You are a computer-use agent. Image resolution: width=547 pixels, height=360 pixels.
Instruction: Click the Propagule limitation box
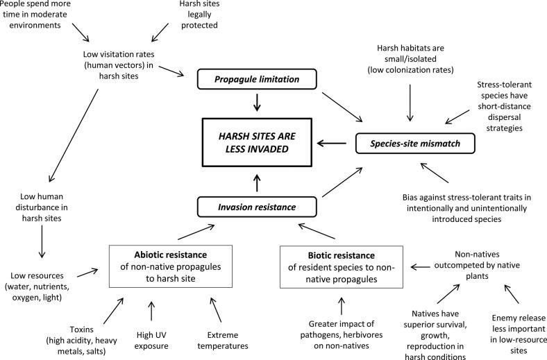(257, 79)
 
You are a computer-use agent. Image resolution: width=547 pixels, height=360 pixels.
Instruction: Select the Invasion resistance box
(257, 207)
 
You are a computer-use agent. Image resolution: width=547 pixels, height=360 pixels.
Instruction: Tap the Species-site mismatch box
(415, 143)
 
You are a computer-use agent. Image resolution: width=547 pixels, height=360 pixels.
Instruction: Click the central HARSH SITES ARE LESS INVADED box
(257, 142)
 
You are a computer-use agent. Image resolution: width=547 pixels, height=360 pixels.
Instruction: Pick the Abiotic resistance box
(171, 266)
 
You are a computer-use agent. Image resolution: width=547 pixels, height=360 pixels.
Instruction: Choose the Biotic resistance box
(342, 267)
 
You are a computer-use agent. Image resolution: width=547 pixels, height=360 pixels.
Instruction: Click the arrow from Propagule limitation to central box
(257, 102)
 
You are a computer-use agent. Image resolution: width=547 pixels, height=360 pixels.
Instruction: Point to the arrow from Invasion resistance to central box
(257, 183)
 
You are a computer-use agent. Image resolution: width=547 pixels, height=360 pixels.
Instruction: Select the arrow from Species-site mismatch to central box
(331, 143)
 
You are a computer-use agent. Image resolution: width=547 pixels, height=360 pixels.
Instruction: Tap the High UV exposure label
(151, 341)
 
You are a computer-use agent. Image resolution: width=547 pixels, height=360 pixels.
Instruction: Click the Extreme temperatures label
(223, 341)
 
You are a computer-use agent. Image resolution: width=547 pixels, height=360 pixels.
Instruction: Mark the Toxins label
(82, 341)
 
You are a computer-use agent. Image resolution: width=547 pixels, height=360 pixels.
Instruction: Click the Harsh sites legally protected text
(199, 15)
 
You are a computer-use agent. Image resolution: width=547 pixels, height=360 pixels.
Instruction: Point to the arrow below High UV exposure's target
(151, 311)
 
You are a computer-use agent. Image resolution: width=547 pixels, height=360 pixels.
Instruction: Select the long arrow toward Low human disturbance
(74, 135)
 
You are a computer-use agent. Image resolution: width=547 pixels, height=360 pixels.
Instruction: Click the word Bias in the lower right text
(410, 198)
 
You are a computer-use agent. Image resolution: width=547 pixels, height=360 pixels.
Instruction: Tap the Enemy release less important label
(519, 334)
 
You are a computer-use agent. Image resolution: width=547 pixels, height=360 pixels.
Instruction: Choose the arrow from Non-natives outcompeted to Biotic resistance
(421, 267)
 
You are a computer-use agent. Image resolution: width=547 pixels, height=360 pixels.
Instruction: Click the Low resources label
(37, 286)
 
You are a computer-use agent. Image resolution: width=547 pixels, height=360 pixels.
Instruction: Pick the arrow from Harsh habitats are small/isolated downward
(410, 103)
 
